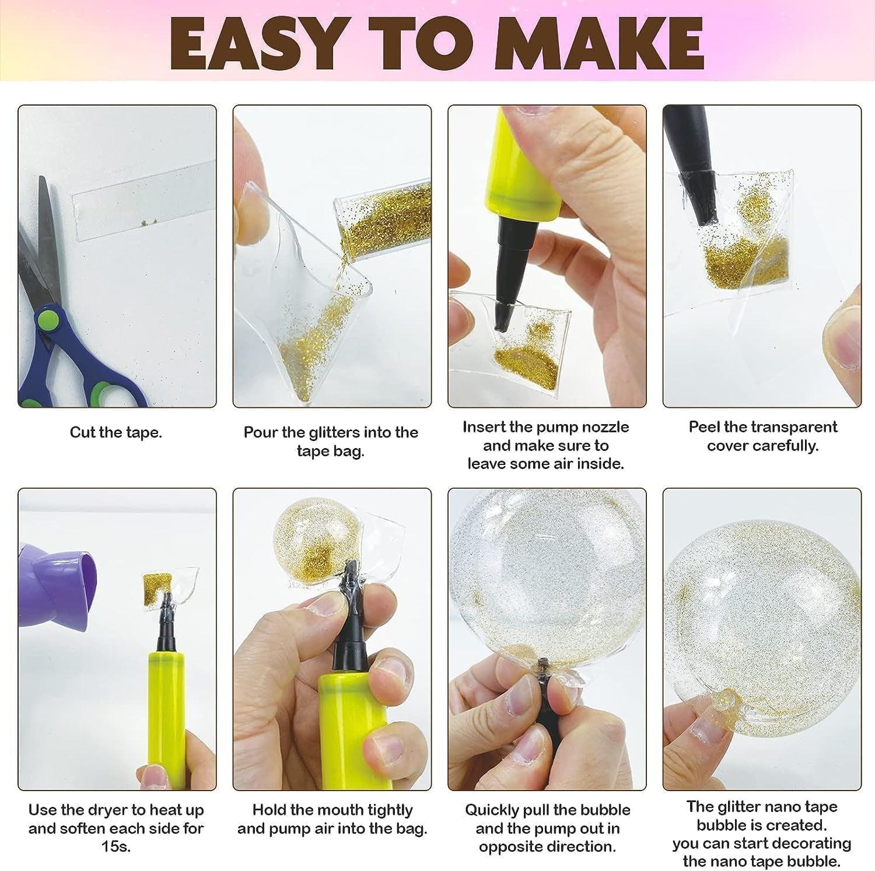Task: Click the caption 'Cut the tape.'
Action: coord(116,432)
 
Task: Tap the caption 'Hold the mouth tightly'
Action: coord(332,810)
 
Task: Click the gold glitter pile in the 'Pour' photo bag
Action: coord(303,356)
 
